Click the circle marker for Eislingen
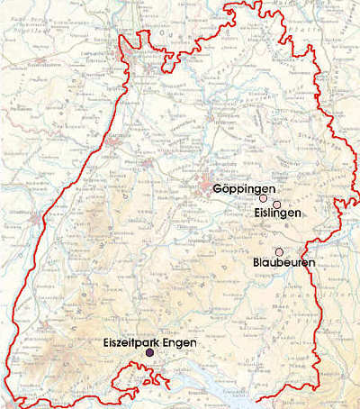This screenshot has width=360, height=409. coord(277,204)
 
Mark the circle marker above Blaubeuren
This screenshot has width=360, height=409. coord(279,250)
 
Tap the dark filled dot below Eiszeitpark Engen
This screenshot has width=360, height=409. coord(150,354)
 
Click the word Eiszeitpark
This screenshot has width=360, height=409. coord(134,343)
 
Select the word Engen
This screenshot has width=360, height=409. coord(181,343)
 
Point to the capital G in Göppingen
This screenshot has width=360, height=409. coord(219,189)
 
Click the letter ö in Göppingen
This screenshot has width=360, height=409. coord(226,190)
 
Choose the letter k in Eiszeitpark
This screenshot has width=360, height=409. coord(158,343)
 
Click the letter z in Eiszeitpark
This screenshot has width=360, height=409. coord(125,343)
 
